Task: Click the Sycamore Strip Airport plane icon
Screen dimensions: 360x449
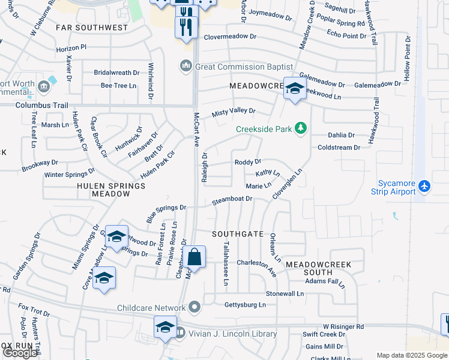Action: click(x=425, y=185)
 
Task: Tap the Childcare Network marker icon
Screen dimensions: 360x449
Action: click(x=194, y=308)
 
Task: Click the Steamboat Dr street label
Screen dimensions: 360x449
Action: click(x=232, y=200)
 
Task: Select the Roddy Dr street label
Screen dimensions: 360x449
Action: click(x=248, y=162)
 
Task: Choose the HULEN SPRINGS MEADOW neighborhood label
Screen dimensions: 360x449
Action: click(x=111, y=190)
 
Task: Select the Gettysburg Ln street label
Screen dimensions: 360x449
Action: click(x=244, y=305)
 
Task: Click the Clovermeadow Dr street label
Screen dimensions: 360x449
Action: click(x=230, y=37)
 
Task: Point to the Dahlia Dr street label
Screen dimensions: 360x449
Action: click(x=341, y=135)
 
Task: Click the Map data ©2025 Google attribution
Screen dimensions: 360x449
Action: click(x=412, y=355)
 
